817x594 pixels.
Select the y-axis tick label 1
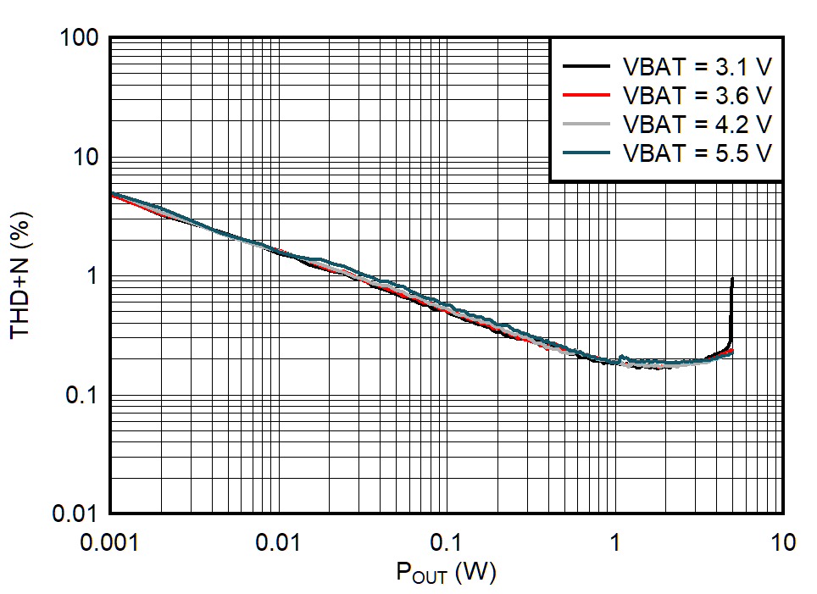tap(95, 276)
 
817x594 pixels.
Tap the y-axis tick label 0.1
tap(85, 395)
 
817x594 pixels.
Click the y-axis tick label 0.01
tap(79, 514)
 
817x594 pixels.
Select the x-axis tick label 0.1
tap(447, 541)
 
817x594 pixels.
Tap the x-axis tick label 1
tap(615, 541)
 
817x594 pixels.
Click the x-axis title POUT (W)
tap(446, 574)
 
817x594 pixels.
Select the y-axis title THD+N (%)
tap(20, 276)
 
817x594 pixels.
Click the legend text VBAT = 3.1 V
tap(697, 65)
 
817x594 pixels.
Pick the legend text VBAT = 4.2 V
tap(697, 124)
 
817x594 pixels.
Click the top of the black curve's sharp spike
tap(732, 279)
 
